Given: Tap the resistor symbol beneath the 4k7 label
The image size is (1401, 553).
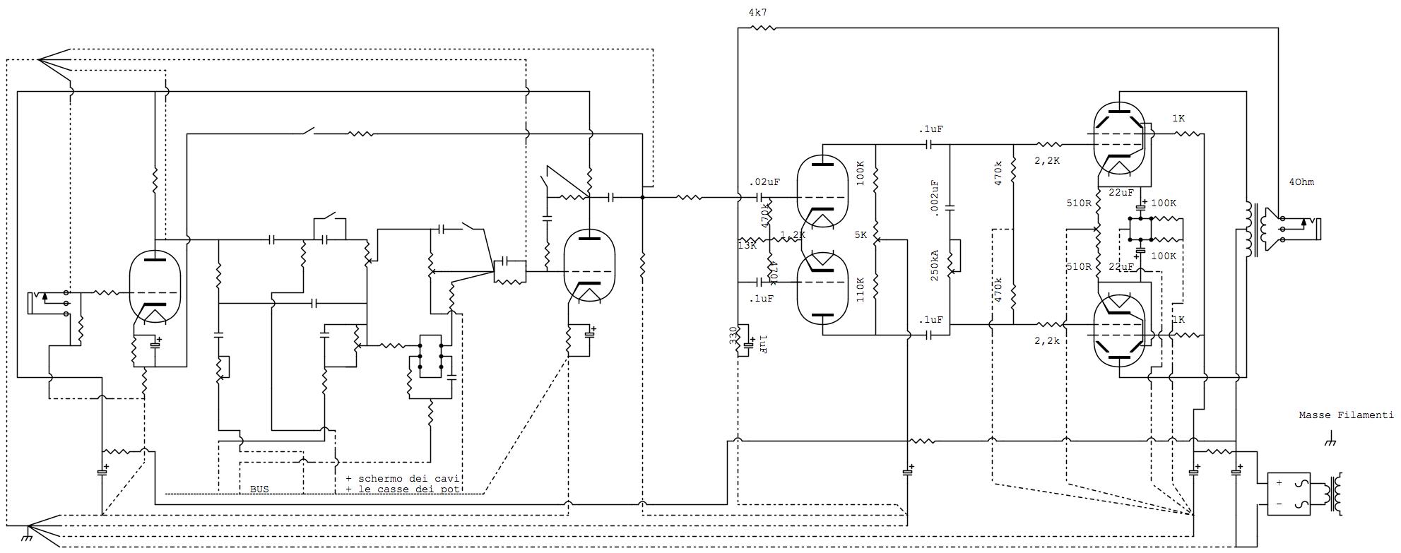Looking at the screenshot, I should (x=762, y=28).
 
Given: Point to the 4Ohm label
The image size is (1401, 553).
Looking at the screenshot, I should (x=1301, y=182).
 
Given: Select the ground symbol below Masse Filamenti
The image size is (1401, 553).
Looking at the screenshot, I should (x=1329, y=442).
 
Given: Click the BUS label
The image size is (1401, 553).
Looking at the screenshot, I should (x=259, y=489).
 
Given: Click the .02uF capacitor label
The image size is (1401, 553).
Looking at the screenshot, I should (x=764, y=182).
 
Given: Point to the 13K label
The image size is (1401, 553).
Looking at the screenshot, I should (x=747, y=246).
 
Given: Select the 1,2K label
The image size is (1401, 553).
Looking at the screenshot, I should (x=793, y=234).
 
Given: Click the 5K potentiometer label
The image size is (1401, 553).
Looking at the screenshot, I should (x=860, y=234).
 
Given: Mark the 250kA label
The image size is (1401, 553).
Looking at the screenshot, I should (x=935, y=265).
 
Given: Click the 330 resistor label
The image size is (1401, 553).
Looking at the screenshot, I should (x=733, y=338).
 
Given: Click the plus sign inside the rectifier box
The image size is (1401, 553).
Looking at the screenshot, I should (x=1279, y=483).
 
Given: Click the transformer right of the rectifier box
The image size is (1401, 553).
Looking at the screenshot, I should (x=1335, y=494).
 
